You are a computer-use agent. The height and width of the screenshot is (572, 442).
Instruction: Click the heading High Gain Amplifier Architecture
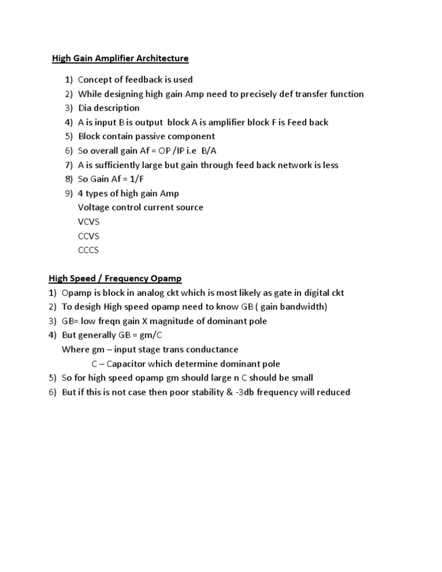tap(120, 58)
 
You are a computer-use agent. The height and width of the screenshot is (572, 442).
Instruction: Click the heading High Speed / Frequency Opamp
tap(115, 279)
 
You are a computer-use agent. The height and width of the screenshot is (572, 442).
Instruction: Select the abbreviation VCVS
tap(89, 222)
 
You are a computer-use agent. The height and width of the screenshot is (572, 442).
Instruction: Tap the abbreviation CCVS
tap(89, 236)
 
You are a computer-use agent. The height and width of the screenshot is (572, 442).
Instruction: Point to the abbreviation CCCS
tap(89, 250)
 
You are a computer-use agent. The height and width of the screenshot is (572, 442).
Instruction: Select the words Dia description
tap(109, 108)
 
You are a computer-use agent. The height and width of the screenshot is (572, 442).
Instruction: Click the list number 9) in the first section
tap(68, 193)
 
